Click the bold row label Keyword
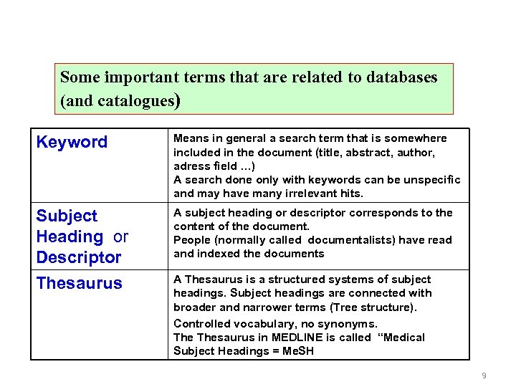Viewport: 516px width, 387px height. click(72, 142)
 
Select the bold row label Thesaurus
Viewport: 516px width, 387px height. click(79, 283)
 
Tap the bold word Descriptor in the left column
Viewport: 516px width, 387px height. click(79, 257)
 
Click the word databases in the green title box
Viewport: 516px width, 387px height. click(401, 77)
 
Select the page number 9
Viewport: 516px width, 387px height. click(484, 376)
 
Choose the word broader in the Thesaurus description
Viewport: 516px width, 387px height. click(196, 307)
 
